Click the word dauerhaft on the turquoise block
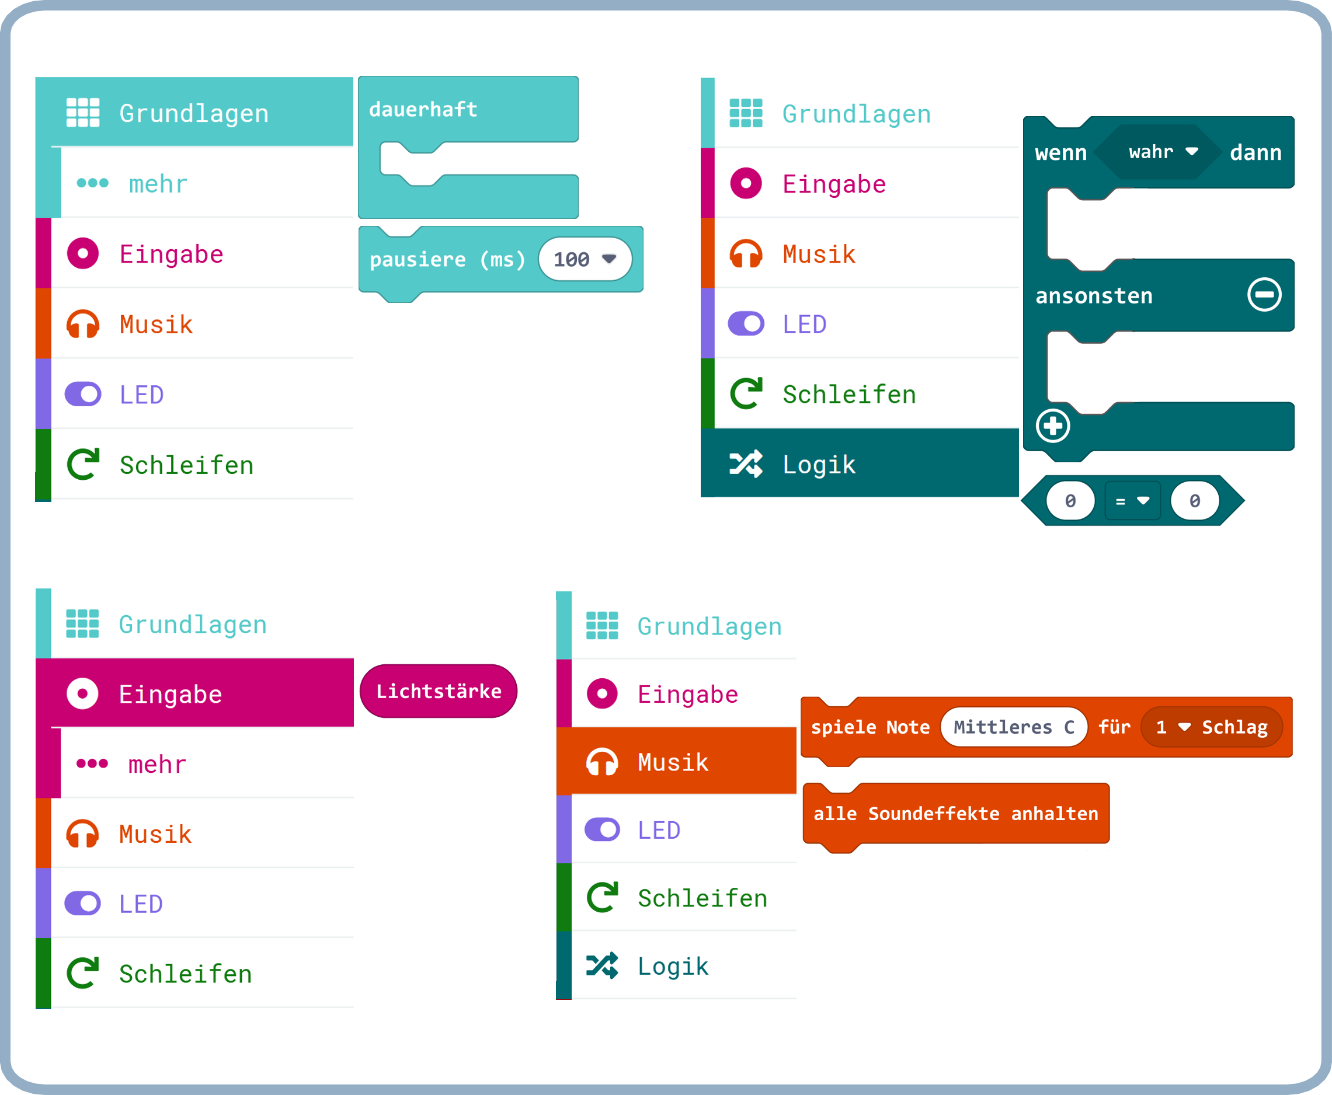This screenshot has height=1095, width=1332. (423, 110)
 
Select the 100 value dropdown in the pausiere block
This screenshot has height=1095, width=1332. (585, 259)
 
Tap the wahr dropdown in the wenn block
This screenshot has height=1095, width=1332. (1162, 152)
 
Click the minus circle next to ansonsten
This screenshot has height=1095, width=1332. (1264, 295)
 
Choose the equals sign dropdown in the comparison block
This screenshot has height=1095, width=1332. (1132, 501)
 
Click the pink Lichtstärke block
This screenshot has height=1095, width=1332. (439, 691)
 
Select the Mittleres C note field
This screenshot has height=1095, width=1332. (1013, 727)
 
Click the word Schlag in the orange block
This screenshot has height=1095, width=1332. (1234, 727)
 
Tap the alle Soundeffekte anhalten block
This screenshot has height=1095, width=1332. (955, 814)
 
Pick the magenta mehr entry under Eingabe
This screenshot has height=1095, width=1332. (157, 765)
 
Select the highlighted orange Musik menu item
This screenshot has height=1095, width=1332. (673, 762)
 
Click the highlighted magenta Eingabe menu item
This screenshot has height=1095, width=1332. (171, 694)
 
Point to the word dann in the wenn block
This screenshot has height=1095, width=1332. (1255, 153)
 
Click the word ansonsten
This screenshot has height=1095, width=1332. (1094, 296)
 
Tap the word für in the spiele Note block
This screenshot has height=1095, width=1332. (1114, 727)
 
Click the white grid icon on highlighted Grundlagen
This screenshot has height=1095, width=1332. (84, 113)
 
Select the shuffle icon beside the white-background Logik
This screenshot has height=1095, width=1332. (601, 965)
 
